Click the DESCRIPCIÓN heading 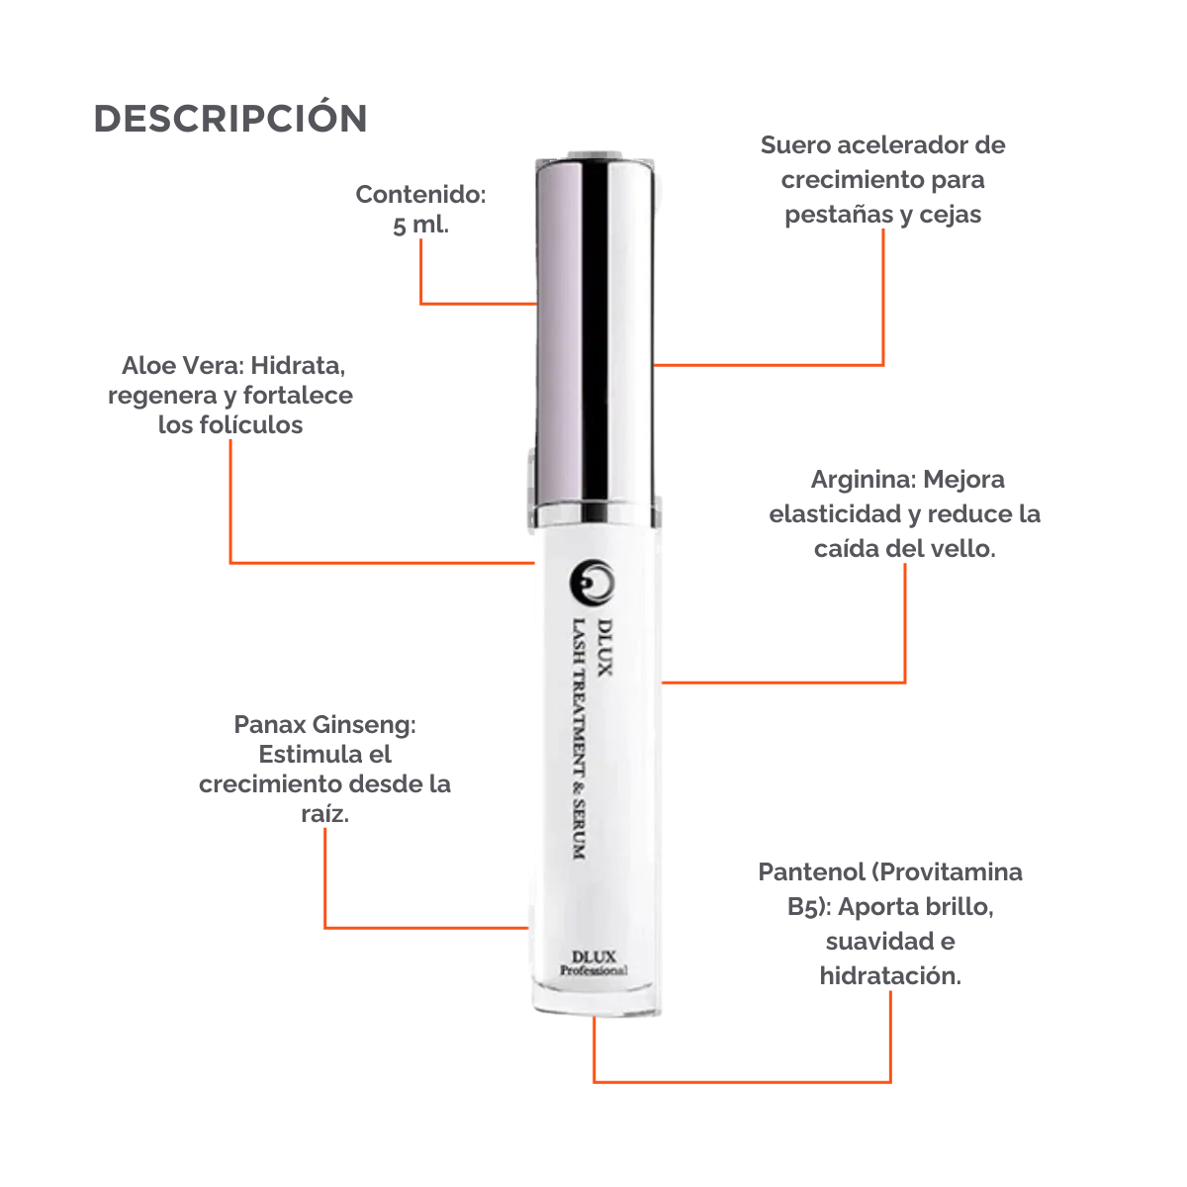[x=230, y=119]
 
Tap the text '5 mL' [x=419, y=226]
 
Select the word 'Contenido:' [x=420, y=195]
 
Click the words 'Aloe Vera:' [x=182, y=366]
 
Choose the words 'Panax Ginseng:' [x=325, y=725]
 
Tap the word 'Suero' [x=795, y=145]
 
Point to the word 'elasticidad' [x=830, y=514]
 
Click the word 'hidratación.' [x=890, y=975]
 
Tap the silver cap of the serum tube [x=596, y=326]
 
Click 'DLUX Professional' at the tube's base [x=593, y=962]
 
